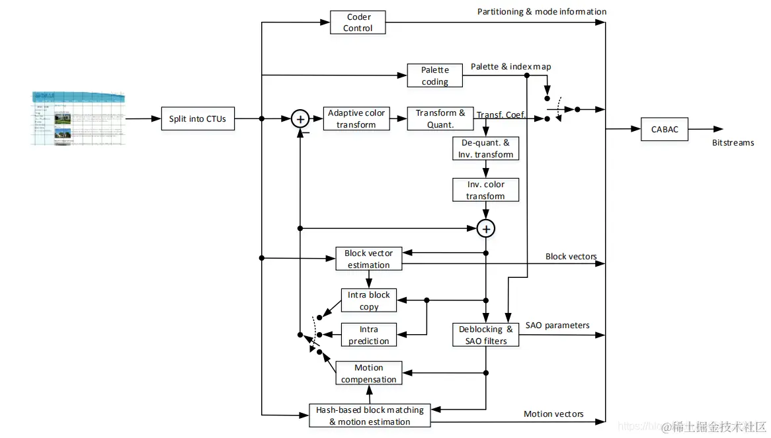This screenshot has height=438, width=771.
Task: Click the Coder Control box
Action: pos(358,22)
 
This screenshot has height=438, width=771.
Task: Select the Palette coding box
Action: pos(434,76)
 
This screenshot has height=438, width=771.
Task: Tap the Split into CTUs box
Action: pos(197,119)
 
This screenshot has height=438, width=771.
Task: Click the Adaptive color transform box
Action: pos(356,119)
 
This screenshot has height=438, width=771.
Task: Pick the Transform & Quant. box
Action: pos(440,119)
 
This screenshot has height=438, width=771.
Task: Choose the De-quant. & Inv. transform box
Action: pos(485,149)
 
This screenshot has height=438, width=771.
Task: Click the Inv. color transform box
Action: pos(485,190)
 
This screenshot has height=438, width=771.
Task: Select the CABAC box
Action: pos(665,129)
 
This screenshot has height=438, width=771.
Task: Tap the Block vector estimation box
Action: pos(368,259)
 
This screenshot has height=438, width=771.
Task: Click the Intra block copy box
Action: pos(369,300)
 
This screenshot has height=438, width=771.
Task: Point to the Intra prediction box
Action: pos(369,335)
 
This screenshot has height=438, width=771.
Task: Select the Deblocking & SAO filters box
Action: pos(485,335)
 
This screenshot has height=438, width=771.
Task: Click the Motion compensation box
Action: pos(368,374)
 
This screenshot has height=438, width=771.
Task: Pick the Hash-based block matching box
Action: pos(370,416)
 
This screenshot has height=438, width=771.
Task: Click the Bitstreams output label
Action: pos(733,142)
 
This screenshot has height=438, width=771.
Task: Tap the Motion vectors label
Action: pos(553,414)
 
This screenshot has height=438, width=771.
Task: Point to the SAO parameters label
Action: pos(557,326)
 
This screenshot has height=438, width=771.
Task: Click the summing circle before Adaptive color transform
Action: pos(300,119)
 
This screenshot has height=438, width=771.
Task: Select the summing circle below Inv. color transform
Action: pos(486,228)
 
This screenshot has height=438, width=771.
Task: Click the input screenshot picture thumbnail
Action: pos(78,118)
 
